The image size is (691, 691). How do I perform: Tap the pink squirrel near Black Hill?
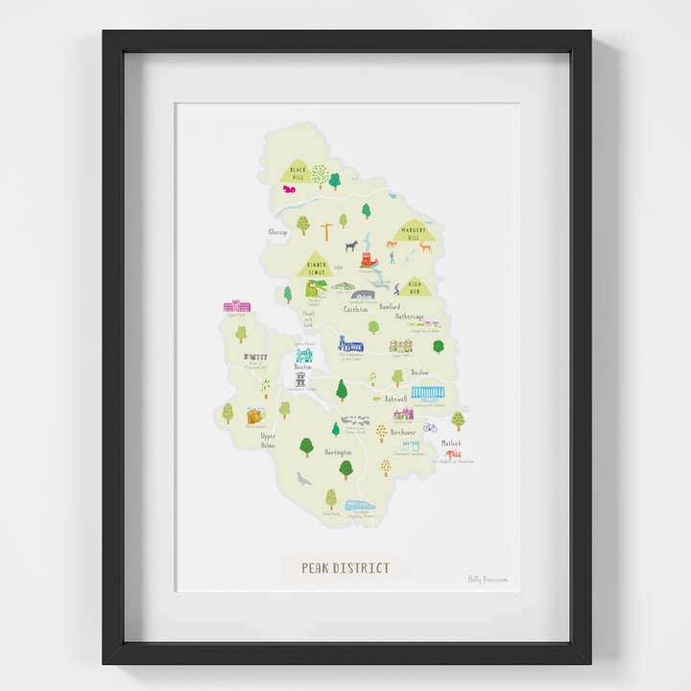click(x=289, y=190)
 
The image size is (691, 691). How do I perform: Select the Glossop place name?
click(x=277, y=231)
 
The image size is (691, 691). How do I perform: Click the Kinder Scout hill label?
click(x=317, y=267)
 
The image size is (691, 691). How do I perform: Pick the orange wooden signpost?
click(x=327, y=231)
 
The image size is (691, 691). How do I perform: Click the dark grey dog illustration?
click(x=351, y=246)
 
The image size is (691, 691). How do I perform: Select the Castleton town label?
click(x=356, y=308)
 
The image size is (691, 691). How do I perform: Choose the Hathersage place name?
click(x=408, y=316)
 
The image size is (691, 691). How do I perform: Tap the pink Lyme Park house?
click(x=236, y=306)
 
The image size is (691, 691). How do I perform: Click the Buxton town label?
click(x=303, y=368)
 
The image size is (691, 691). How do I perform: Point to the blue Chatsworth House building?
click(x=427, y=392)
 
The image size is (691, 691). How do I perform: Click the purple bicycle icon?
click(x=430, y=427)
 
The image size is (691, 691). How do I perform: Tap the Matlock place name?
click(x=451, y=442)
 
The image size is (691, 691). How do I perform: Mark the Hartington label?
click(x=337, y=451)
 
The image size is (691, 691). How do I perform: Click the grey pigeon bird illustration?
click(x=304, y=478)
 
